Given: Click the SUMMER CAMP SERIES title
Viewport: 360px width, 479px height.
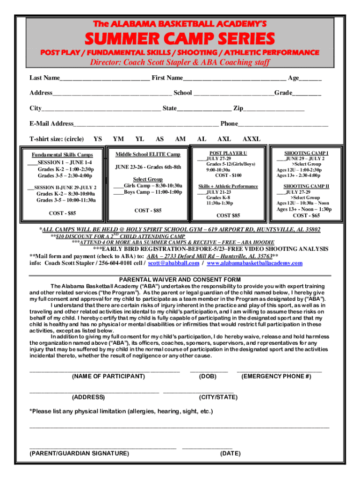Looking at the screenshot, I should pyautogui.click(x=180, y=38).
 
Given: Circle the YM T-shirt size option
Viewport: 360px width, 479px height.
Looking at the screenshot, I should pyautogui.click(x=119, y=139).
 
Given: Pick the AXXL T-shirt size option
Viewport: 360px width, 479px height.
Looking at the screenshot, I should pyautogui.click(x=252, y=139).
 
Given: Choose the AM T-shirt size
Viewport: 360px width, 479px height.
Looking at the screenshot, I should pyautogui.click(x=180, y=139).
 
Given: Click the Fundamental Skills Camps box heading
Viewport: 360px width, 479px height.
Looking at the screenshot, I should pyautogui.click(x=62, y=155).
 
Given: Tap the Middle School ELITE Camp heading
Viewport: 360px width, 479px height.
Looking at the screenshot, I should pyautogui.click(x=148, y=154).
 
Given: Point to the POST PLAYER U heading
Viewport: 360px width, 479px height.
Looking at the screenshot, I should pyautogui.click(x=228, y=153).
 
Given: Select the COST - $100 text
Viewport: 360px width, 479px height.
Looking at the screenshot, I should pyautogui.click(x=228, y=175).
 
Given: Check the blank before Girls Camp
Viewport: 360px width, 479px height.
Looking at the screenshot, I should pyautogui.click(x=118, y=186).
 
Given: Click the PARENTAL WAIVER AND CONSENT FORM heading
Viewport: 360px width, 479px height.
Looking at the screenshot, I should pyautogui.click(x=180, y=280).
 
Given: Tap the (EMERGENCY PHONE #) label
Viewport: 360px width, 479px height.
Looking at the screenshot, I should pyautogui.click(x=276, y=376).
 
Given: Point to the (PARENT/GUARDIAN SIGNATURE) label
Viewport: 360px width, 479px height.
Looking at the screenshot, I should pyautogui.click(x=79, y=453).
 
